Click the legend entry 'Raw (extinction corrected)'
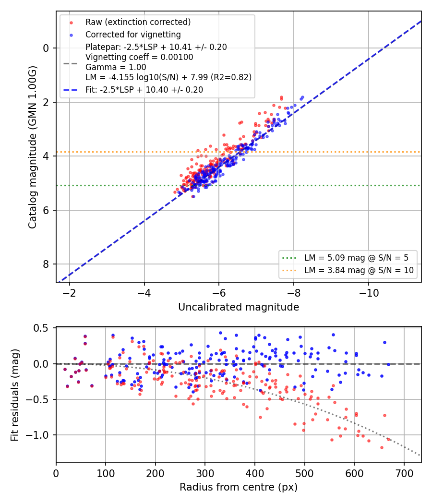click(x=138, y=22)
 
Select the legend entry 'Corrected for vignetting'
click(x=133, y=35)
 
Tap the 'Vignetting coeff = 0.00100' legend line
click(x=139, y=57)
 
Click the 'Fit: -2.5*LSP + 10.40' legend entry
click(x=144, y=90)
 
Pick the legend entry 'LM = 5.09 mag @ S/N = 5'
click(x=356, y=258)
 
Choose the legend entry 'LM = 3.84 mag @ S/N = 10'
click(x=359, y=270)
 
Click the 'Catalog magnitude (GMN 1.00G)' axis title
click(x=33, y=147)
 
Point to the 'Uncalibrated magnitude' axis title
click(x=239, y=307)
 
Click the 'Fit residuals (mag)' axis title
click(x=14, y=395)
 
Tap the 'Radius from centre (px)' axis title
click(x=239, y=487)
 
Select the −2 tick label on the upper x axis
click(x=69, y=293)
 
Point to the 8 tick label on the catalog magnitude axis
click(x=46, y=264)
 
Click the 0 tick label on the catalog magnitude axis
click(x=46, y=48)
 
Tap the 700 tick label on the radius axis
click(x=404, y=473)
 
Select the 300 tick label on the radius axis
click(x=205, y=473)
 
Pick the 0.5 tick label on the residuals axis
click(x=41, y=328)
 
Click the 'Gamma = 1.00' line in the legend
click(x=116, y=67)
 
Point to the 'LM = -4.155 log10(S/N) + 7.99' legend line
click(x=168, y=77)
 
